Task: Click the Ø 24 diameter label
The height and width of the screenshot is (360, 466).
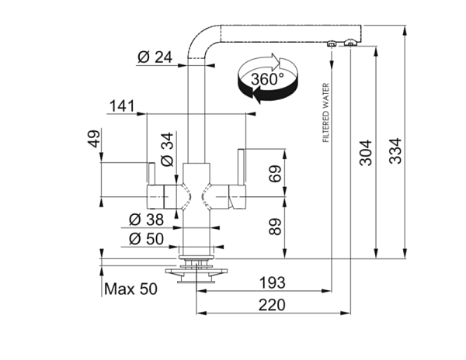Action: point(155,57)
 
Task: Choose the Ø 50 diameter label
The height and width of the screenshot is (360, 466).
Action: point(147,238)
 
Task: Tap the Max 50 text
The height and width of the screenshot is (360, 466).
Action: point(130,289)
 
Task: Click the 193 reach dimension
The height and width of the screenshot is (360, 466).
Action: point(271,281)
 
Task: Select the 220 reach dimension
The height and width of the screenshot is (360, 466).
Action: point(271,304)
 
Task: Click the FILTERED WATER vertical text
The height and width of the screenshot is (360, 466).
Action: point(325,112)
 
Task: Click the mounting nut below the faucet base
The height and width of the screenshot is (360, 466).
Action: point(193,268)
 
